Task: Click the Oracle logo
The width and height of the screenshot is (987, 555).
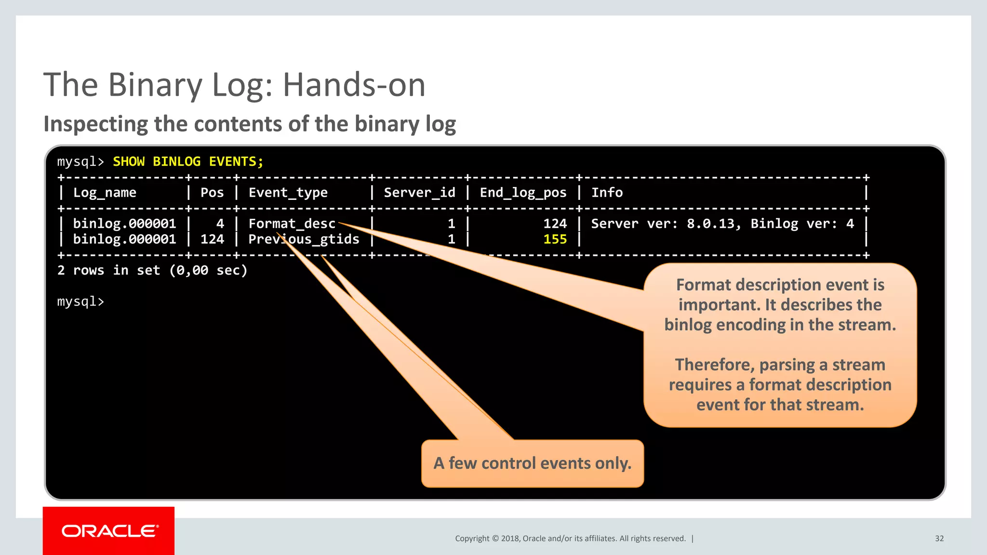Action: coord(109,531)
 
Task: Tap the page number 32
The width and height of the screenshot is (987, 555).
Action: coord(939,539)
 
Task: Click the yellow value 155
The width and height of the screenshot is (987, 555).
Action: coord(555,239)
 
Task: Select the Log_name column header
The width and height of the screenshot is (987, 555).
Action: coord(105,193)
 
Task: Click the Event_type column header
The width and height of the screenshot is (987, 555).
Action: coord(288,193)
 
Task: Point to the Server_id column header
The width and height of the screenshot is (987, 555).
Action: coord(419,193)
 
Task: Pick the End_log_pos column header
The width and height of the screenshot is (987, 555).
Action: coord(523,193)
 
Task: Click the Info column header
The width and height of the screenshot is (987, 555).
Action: coord(607,193)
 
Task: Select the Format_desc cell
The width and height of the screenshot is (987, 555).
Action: coord(292,224)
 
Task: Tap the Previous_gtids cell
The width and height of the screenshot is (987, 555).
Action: coord(304,239)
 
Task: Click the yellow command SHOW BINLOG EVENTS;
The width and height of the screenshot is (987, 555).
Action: coord(188,161)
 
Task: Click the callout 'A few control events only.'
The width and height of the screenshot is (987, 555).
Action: coord(532,463)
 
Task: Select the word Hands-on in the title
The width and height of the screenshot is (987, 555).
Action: coord(354,85)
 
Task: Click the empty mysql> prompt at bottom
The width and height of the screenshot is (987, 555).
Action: coord(80,302)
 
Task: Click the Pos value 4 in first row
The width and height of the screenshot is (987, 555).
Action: coord(220,224)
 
